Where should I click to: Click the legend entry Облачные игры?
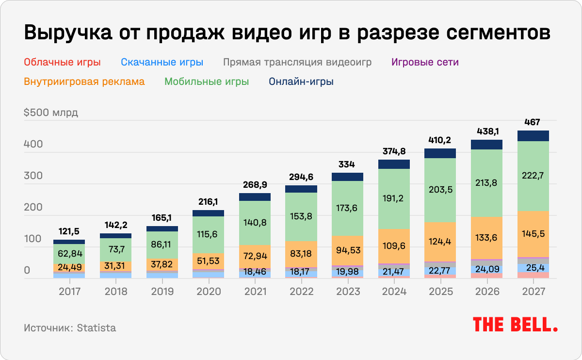62,62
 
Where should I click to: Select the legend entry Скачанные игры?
162,62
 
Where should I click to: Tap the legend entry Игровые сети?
424,62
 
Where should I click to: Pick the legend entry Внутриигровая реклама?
84,82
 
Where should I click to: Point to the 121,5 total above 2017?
69,231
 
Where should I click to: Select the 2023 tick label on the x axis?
348,292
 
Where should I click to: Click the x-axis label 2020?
209,292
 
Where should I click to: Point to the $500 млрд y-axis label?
50,113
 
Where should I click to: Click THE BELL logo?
515,325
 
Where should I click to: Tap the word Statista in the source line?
97,327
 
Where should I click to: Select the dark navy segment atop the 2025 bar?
440,153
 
